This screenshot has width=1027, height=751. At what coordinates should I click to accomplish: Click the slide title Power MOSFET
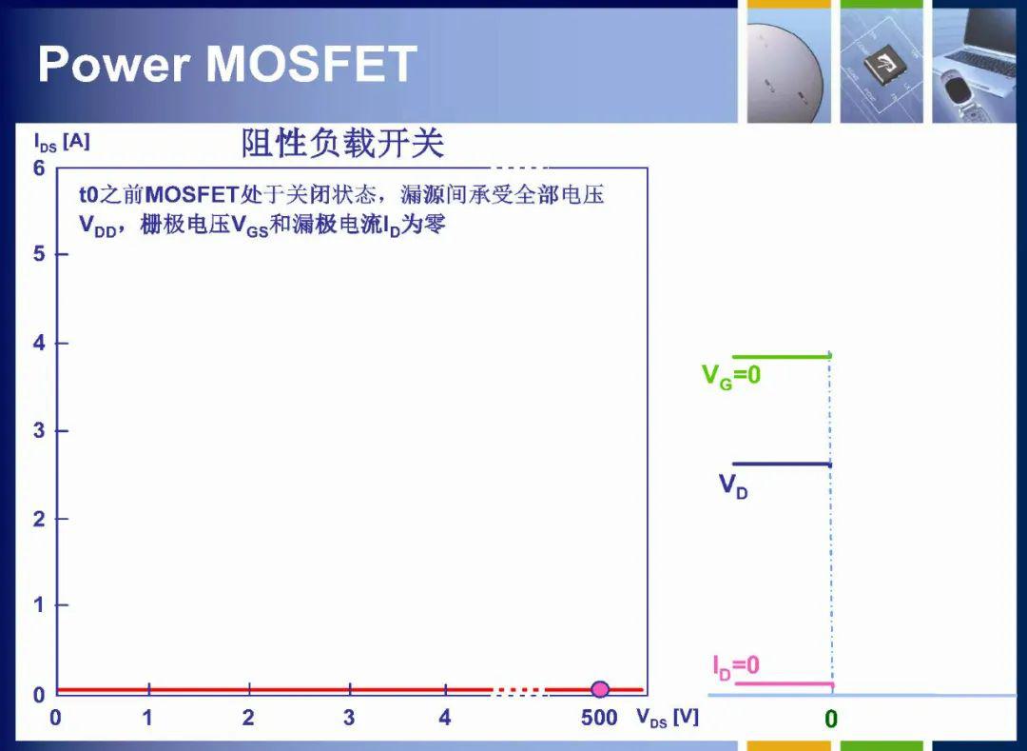point(227,64)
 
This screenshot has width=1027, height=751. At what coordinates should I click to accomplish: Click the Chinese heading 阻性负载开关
point(342,144)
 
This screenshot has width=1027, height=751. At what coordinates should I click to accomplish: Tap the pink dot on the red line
point(600,689)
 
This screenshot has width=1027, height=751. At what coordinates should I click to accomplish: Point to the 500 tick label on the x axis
point(599,718)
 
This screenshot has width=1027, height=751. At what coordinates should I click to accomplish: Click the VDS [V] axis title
point(668,718)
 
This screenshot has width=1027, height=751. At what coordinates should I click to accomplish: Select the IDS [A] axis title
point(62,142)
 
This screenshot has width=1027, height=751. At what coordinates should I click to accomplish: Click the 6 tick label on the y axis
point(40,168)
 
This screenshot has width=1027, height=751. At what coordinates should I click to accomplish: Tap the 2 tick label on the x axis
point(248,718)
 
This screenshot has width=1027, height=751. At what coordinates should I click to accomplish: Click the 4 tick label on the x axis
point(445,718)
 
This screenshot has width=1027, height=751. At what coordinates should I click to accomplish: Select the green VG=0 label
point(731,376)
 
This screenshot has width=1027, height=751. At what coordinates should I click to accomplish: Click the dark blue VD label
point(733,486)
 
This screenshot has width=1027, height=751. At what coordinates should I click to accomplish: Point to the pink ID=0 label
point(736,666)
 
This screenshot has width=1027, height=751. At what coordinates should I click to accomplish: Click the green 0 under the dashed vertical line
point(831,720)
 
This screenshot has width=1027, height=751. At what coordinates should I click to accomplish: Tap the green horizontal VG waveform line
point(782,357)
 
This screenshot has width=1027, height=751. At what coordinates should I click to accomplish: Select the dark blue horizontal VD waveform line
point(782,464)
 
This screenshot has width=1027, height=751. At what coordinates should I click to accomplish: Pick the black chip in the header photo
point(882,65)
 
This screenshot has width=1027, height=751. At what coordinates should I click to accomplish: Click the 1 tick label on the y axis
point(40,604)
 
